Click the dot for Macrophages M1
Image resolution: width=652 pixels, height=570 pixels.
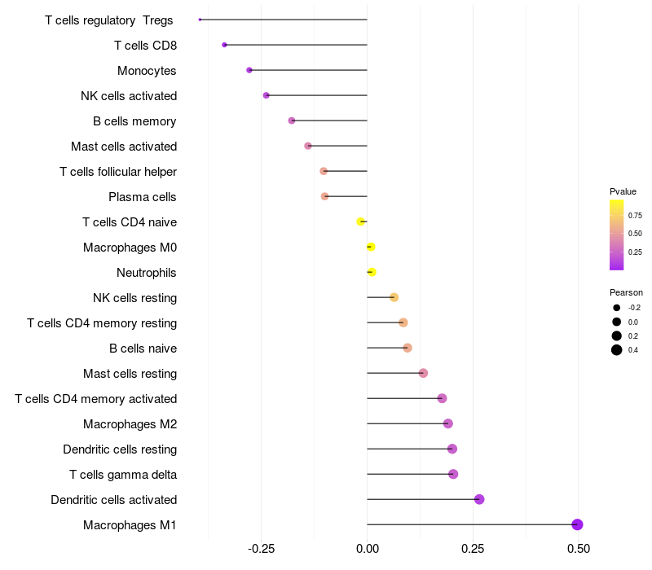577,524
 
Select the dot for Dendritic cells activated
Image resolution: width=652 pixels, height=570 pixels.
479,499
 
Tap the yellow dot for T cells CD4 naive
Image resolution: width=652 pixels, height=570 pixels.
361,221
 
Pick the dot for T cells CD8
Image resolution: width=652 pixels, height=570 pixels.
224,45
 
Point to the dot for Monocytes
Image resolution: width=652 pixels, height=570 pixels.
249,70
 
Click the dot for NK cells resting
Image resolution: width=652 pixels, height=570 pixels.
394,297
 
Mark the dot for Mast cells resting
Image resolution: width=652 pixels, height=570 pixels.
423,373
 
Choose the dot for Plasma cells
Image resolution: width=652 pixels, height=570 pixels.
324,196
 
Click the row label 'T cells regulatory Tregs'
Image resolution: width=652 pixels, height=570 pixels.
109,20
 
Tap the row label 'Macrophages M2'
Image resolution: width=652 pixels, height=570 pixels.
130,424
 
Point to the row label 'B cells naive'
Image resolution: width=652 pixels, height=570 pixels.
143,349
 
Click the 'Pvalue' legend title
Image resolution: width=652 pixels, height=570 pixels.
623,191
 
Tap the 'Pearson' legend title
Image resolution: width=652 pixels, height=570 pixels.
626,292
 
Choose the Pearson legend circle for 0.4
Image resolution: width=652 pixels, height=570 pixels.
617,350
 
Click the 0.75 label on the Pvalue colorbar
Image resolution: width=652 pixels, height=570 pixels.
635,216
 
